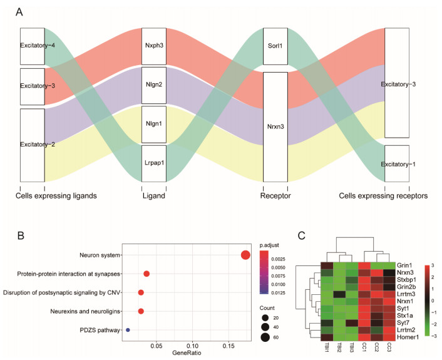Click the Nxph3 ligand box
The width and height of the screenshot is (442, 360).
[153, 46]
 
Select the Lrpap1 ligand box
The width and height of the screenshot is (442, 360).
[153, 163]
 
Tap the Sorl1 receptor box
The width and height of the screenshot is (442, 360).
[275, 46]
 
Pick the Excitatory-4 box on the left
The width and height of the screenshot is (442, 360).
[32, 46]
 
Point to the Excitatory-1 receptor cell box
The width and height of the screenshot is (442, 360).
[397, 164]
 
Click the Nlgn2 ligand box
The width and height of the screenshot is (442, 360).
[153, 85]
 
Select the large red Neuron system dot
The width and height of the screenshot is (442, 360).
[245, 255]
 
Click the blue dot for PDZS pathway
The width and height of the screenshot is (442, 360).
[128, 329]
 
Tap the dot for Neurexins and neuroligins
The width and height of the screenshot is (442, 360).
[141, 311]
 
